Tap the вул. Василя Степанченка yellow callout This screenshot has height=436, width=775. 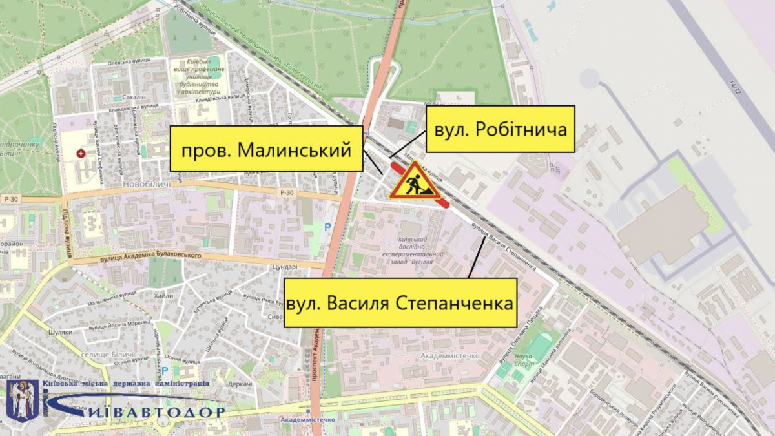400,302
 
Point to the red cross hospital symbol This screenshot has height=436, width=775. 81,154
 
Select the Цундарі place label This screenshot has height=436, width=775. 284,267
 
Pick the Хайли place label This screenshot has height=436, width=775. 164,296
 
